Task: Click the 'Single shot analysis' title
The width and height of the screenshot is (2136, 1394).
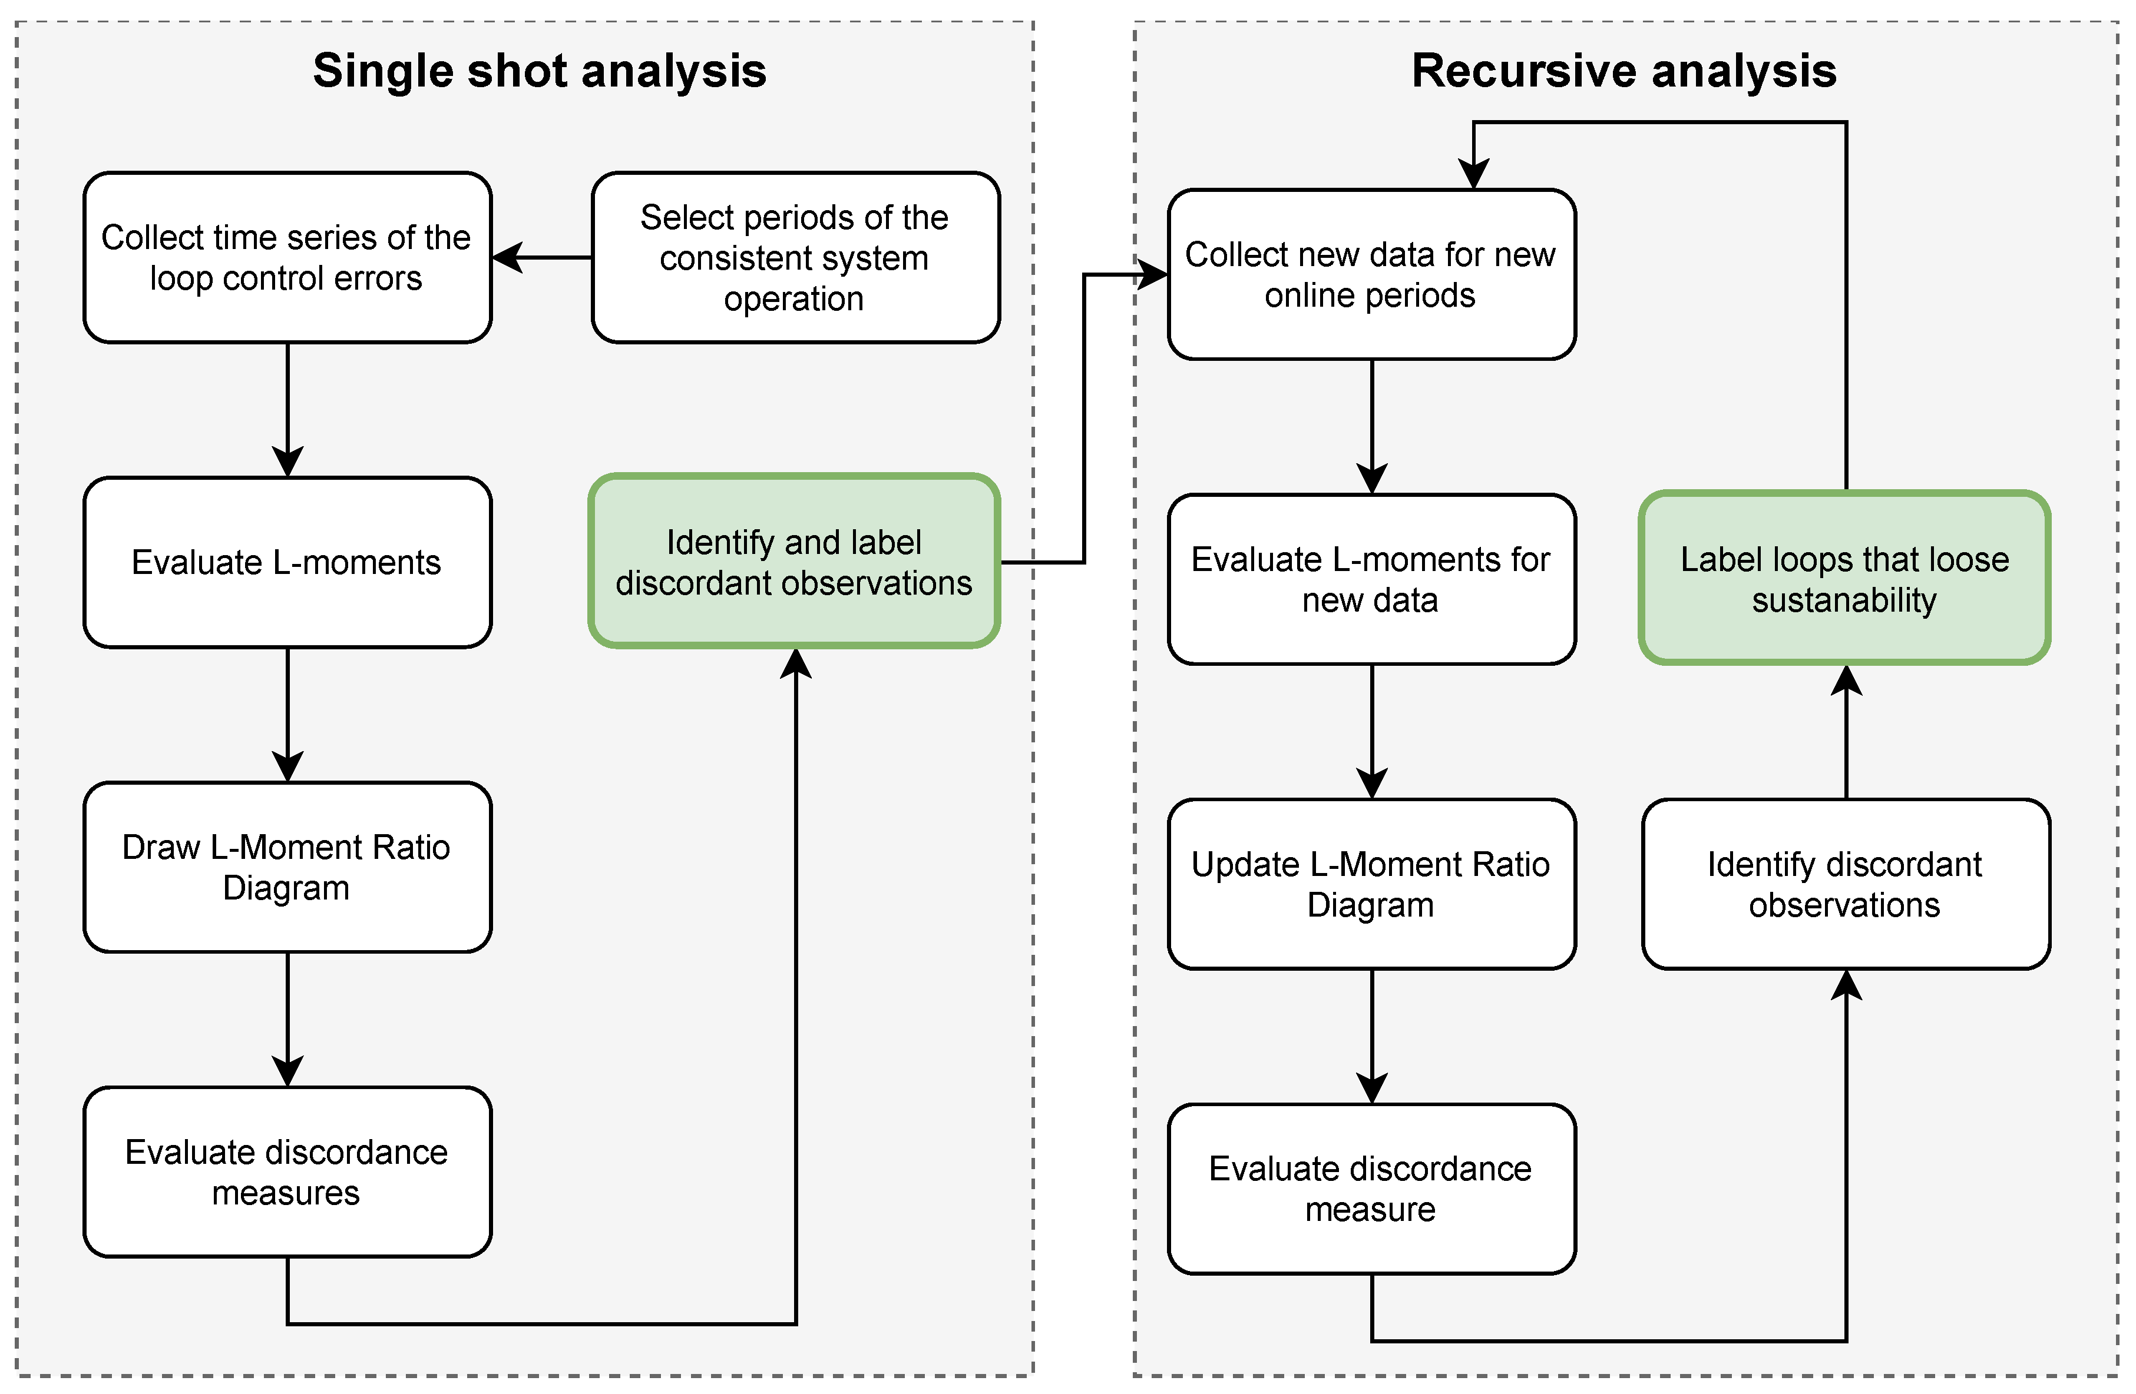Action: tap(540, 71)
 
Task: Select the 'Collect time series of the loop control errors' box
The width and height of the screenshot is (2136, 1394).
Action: tap(287, 257)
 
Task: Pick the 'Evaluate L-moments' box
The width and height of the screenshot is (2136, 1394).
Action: tap(287, 562)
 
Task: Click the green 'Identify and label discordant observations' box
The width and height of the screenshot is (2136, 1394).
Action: tap(794, 562)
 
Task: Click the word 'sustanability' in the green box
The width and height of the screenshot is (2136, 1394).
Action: tap(1844, 600)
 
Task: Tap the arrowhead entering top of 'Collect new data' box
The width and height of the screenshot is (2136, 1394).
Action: tap(1474, 174)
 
